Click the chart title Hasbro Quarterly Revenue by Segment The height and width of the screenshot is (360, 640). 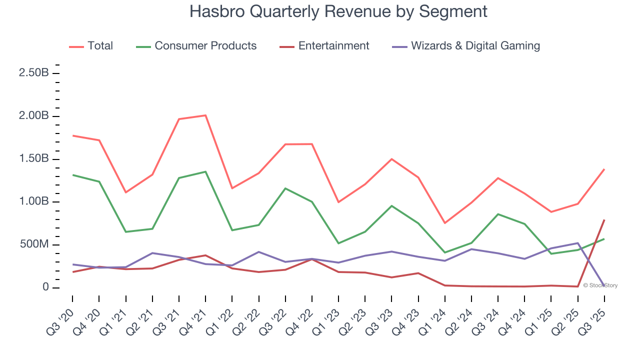pyautogui.click(x=338, y=11)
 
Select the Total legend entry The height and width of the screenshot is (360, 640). pyautogui.click(x=100, y=46)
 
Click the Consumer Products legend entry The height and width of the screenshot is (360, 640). pyautogui.click(x=205, y=46)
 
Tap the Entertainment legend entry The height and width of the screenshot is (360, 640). pyautogui.click(x=333, y=46)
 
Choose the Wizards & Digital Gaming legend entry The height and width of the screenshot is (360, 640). pyautogui.click(x=475, y=46)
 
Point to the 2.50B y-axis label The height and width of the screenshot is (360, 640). pyautogui.click(x=33, y=73)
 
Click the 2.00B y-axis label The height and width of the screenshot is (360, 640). pyautogui.click(x=33, y=116)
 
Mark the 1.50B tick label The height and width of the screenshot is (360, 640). pyautogui.click(x=33, y=159)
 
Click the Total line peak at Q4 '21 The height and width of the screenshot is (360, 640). pyautogui.click(x=205, y=115)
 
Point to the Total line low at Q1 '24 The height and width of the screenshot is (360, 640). pyautogui.click(x=445, y=223)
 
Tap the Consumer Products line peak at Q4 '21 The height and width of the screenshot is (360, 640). pyautogui.click(x=205, y=171)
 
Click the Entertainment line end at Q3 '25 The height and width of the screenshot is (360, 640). pyautogui.click(x=604, y=220)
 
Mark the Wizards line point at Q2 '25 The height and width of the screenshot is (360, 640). pyautogui.click(x=577, y=243)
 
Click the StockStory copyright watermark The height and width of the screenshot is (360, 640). pyautogui.click(x=600, y=285)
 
